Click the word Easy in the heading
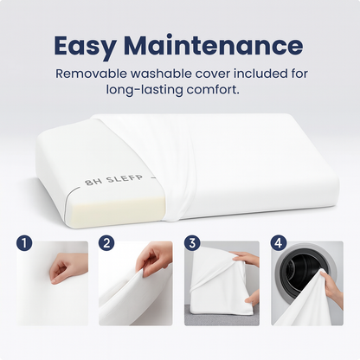(x=85, y=46)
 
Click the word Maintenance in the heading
(x=214, y=45)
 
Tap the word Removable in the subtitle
(x=91, y=74)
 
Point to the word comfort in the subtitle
(x=213, y=90)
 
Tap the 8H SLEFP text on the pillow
(x=114, y=179)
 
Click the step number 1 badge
(x=24, y=243)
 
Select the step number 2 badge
(x=106, y=243)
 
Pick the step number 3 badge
(x=192, y=243)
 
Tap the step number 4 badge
(x=279, y=243)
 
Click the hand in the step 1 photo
(x=64, y=268)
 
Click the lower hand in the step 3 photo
(x=253, y=298)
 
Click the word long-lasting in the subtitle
(x=145, y=90)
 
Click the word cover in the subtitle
(x=213, y=74)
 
